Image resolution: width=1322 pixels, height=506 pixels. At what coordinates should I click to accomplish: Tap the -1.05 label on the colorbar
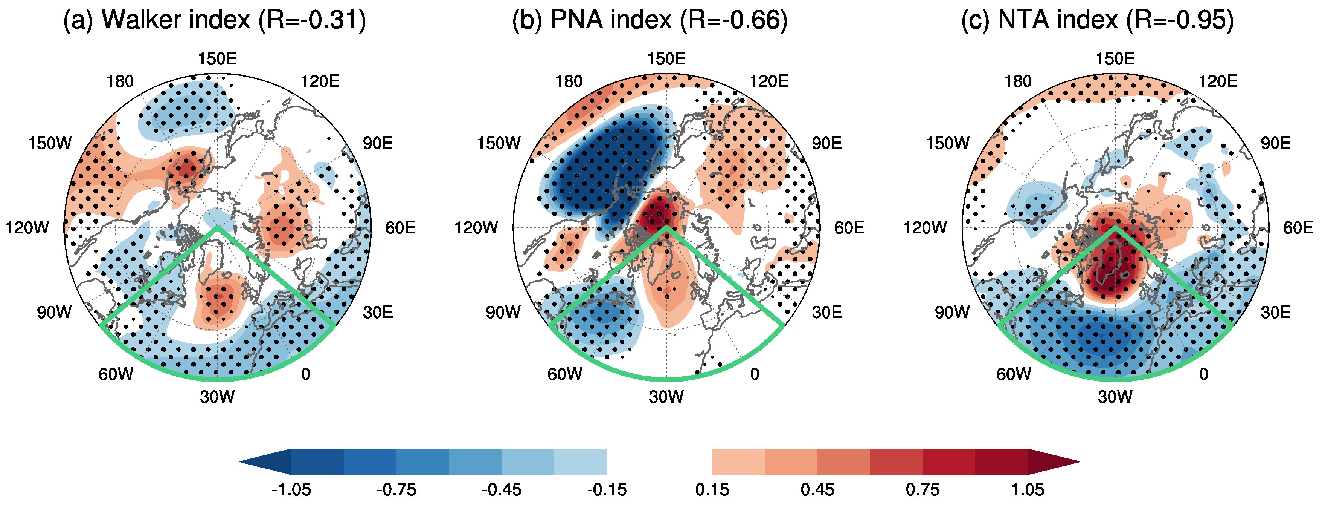point(291,489)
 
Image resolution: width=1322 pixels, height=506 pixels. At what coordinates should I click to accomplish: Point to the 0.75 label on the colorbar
point(922,489)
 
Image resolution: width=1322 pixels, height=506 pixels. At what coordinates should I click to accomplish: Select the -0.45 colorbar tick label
point(502,489)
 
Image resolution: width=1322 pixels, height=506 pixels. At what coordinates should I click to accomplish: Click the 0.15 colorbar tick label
point(712,489)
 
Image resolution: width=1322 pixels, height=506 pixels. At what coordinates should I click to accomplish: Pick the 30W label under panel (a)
point(217,397)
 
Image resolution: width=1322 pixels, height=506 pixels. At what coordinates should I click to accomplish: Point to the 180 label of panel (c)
point(1018,81)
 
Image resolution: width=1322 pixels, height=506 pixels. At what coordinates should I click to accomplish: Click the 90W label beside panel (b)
point(503,312)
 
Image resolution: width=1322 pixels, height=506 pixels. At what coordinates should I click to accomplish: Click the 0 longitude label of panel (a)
point(306,374)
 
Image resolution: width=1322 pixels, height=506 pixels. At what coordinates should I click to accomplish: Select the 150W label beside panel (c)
point(947,143)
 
